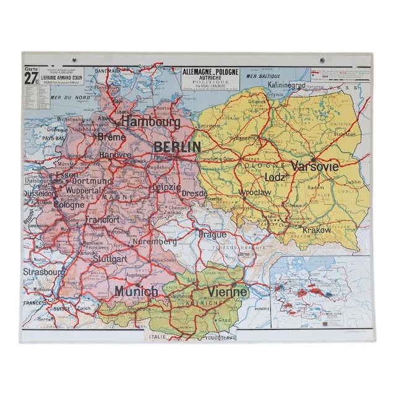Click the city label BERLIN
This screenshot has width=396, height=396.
[x=177, y=147]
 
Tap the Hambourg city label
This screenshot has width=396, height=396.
[x=150, y=123]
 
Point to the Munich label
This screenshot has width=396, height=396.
[x=136, y=290]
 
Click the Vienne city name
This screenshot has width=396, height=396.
[x=228, y=291]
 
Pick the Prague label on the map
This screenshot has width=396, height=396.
[x=212, y=235]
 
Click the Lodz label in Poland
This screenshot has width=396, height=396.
[x=275, y=177]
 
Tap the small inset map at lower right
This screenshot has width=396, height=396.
[x=321, y=291]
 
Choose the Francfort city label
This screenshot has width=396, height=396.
[x=103, y=220]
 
